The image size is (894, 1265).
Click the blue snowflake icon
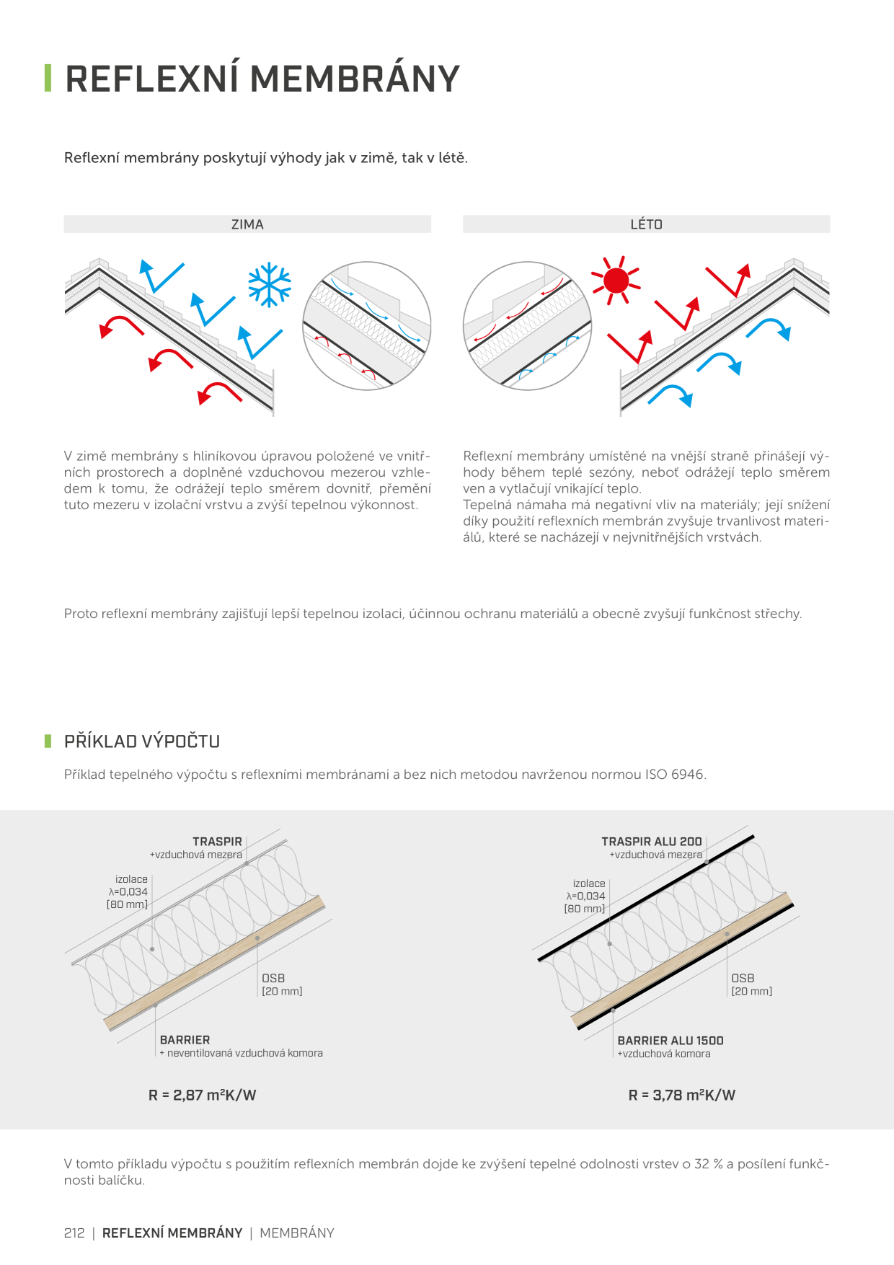pos(270,284)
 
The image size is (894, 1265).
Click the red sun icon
pos(616,280)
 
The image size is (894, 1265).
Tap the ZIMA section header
pos(247,224)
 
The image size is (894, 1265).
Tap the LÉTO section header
pos(646,224)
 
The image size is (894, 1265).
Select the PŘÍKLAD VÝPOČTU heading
pos(142,741)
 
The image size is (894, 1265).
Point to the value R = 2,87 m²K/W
pos(203,1095)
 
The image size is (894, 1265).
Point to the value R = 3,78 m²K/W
pos(682,1095)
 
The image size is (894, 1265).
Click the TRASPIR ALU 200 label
pos(652,842)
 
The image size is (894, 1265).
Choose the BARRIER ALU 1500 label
pos(670,1041)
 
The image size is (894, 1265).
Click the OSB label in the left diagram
pos(273,978)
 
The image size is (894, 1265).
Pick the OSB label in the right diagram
pos(743,978)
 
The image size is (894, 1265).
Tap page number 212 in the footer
pos(74,1233)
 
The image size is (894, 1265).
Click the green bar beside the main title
pos(48,79)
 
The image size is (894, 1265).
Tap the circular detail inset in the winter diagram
pos(367,326)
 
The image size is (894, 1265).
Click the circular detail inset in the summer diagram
pos(528,326)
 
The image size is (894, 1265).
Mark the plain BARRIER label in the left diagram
pos(185,1040)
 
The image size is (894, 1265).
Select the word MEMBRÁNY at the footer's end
pos(297,1233)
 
